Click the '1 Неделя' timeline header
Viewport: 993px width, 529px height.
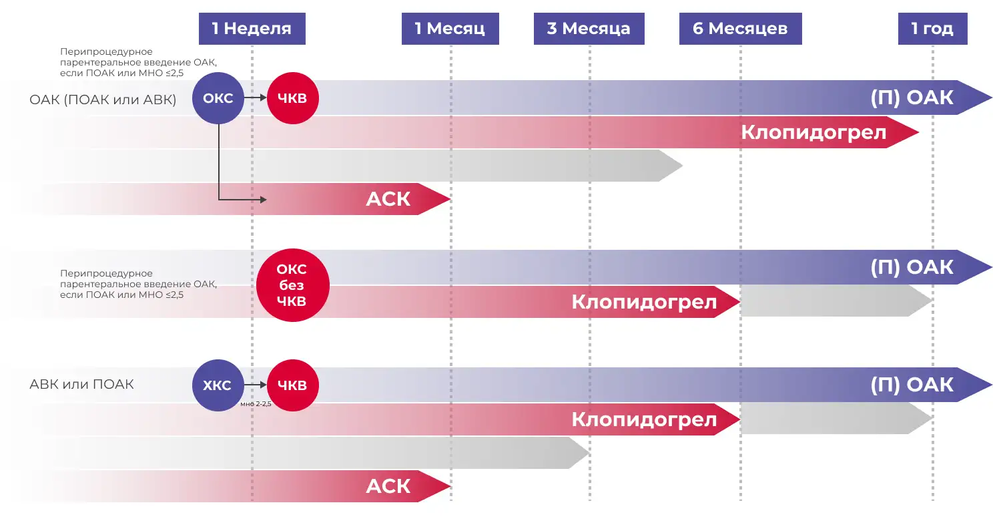click(x=252, y=29)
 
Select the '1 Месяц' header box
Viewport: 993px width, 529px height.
click(x=450, y=29)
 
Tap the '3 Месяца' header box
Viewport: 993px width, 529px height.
click(x=589, y=29)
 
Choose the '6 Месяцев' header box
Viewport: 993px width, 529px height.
click(x=740, y=29)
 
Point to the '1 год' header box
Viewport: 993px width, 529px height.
click(x=932, y=29)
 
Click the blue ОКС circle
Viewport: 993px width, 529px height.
click(x=218, y=98)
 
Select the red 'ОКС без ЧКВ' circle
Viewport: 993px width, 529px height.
click(x=292, y=285)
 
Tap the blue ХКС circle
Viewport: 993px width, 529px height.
click(x=218, y=385)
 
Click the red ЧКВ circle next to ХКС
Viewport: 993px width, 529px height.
click(x=292, y=385)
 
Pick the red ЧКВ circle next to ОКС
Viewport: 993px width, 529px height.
click(x=292, y=98)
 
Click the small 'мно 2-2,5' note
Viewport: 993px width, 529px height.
click(x=256, y=404)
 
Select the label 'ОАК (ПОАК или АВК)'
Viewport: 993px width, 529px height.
click(x=103, y=100)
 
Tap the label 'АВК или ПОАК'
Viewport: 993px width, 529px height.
click(x=81, y=384)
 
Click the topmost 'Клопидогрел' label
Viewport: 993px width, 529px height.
click(x=813, y=132)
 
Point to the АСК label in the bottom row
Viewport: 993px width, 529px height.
click(x=388, y=486)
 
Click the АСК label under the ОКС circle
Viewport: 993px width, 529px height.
click(x=388, y=199)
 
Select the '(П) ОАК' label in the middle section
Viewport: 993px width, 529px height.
click(x=912, y=267)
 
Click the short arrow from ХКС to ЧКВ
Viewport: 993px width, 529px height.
click(x=256, y=385)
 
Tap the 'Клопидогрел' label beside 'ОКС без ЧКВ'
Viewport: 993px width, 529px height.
click(x=644, y=302)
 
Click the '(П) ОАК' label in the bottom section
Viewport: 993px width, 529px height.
click(x=912, y=385)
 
